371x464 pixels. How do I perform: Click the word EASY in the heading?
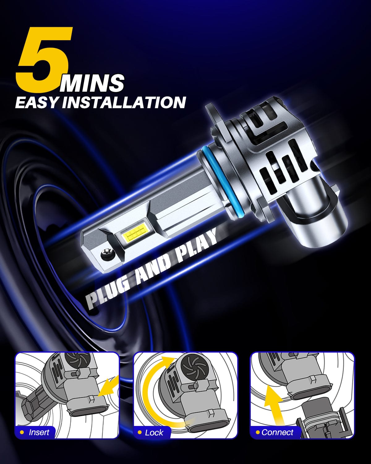pyautogui.click(x=36, y=102)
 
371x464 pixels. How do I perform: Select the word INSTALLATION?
pyautogui.click(x=124, y=102)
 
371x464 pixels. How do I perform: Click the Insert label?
pyautogui.click(x=39, y=432)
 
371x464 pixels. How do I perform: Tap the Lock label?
pyautogui.click(x=154, y=432)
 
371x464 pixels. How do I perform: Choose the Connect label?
pyautogui.click(x=277, y=432)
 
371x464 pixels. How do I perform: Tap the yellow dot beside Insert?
pyautogui.click(x=22, y=432)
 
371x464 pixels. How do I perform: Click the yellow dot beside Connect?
pyautogui.click(x=257, y=432)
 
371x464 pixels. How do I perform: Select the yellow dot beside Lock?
pyautogui.click(x=140, y=432)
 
